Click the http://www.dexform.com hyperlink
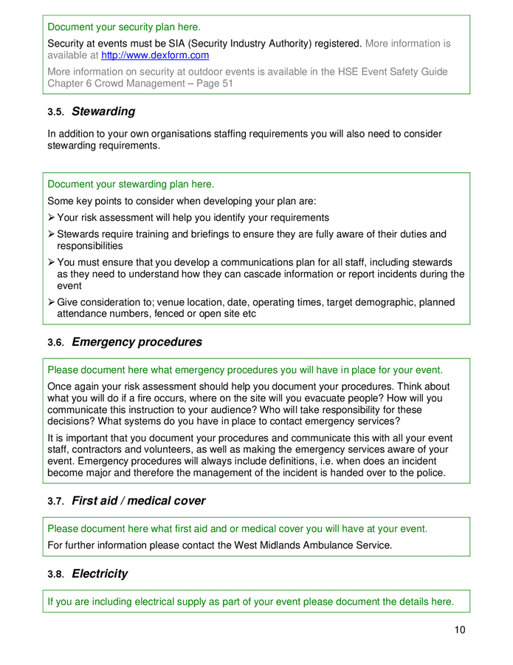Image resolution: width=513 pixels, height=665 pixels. [x=155, y=55]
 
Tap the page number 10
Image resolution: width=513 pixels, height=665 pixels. [x=460, y=630]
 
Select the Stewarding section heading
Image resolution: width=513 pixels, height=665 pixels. [x=103, y=112]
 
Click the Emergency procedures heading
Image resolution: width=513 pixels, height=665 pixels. [x=137, y=342]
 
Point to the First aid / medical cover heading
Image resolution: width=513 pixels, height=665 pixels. [x=138, y=501]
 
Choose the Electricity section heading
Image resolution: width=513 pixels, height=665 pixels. [x=100, y=574]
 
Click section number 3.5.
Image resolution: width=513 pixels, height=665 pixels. [x=55, y=112]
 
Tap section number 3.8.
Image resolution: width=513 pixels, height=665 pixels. [x=55, y=575]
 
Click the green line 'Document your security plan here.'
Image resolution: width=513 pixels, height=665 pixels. [x=124, y=27]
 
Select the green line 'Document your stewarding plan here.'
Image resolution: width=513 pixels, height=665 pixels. [x=131, y=184]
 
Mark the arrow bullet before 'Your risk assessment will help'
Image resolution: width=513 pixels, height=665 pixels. [x=52, y=218]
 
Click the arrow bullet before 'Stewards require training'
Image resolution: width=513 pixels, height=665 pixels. [x=52, y=234]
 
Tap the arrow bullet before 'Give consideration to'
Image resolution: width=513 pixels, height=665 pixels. [x=52, y=302]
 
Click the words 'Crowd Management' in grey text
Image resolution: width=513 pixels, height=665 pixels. [x=138, y=83]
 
